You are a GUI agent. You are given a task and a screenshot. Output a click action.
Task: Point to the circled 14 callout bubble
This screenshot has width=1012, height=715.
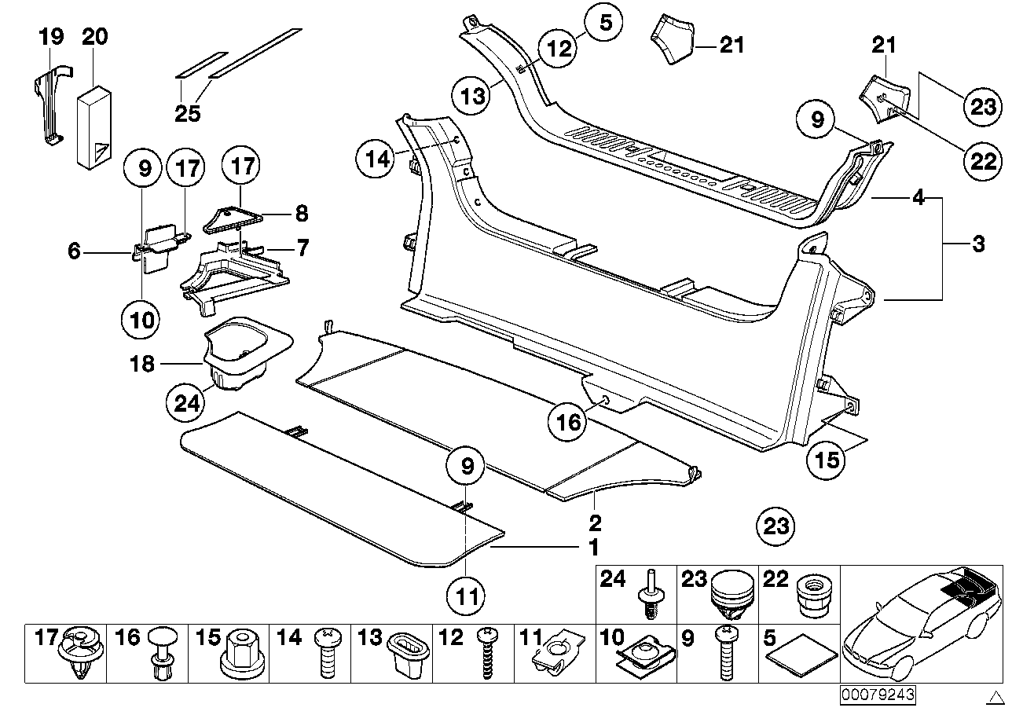click(x=377, y=159)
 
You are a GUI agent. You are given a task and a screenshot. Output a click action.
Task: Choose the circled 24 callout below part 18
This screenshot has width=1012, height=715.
click(x=185, y=404)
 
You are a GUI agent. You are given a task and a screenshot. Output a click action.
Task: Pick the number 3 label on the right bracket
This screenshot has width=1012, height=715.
click(x=978, y=244)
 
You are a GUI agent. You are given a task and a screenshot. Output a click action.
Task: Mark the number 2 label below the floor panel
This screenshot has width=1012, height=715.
click(x=596, y=522)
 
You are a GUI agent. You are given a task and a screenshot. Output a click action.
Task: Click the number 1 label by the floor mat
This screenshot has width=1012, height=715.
click(x=595, y=546)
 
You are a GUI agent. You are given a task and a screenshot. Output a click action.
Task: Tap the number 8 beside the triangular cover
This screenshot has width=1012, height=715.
click(x=301, y=213)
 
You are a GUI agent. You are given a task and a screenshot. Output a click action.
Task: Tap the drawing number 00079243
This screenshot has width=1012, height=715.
click(x=878, y=695)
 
